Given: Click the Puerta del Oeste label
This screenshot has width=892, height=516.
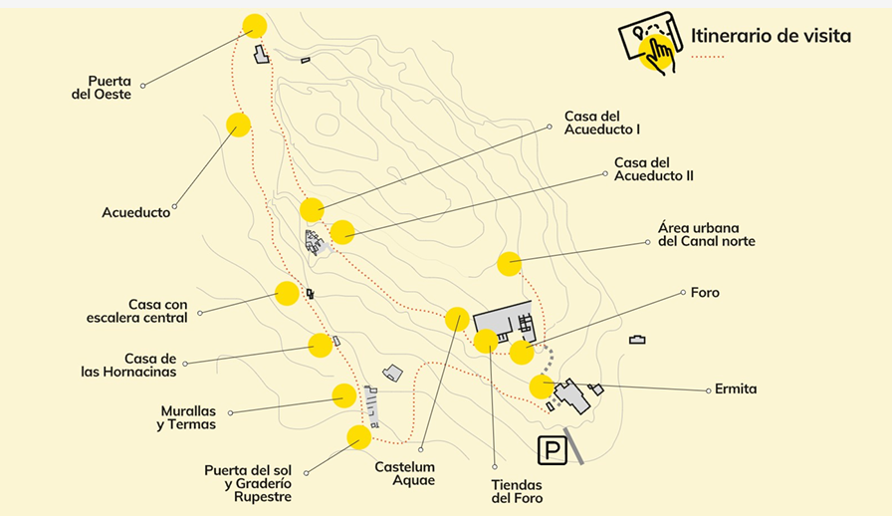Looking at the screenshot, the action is coord(109,88).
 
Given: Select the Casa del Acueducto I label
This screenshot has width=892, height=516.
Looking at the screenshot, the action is coord(601,123).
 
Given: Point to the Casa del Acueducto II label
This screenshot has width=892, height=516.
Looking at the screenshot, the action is coord(653,169).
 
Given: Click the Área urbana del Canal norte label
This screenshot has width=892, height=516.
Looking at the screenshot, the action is coord(706,234).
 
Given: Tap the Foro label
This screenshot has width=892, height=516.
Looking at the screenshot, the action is coord(705,293).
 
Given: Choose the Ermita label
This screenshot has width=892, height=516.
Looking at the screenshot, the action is coord(736,389).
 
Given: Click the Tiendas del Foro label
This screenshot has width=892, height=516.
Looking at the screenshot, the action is coord(517,491).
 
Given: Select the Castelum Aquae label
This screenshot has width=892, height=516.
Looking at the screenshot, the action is coord(404,473).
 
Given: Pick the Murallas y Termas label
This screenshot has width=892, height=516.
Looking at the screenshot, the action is coord(186,417).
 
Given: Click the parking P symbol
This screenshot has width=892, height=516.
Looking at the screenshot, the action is coord(551,450).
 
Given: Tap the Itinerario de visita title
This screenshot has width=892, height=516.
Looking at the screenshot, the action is coord(771,37).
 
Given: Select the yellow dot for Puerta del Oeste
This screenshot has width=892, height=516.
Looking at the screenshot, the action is coord(254,26).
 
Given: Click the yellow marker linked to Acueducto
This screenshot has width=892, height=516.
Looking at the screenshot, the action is coord(238,125).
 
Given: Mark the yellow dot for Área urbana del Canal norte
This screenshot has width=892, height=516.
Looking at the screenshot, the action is coord(509,263).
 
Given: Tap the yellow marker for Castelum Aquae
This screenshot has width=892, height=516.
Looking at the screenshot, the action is coord(457,319).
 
